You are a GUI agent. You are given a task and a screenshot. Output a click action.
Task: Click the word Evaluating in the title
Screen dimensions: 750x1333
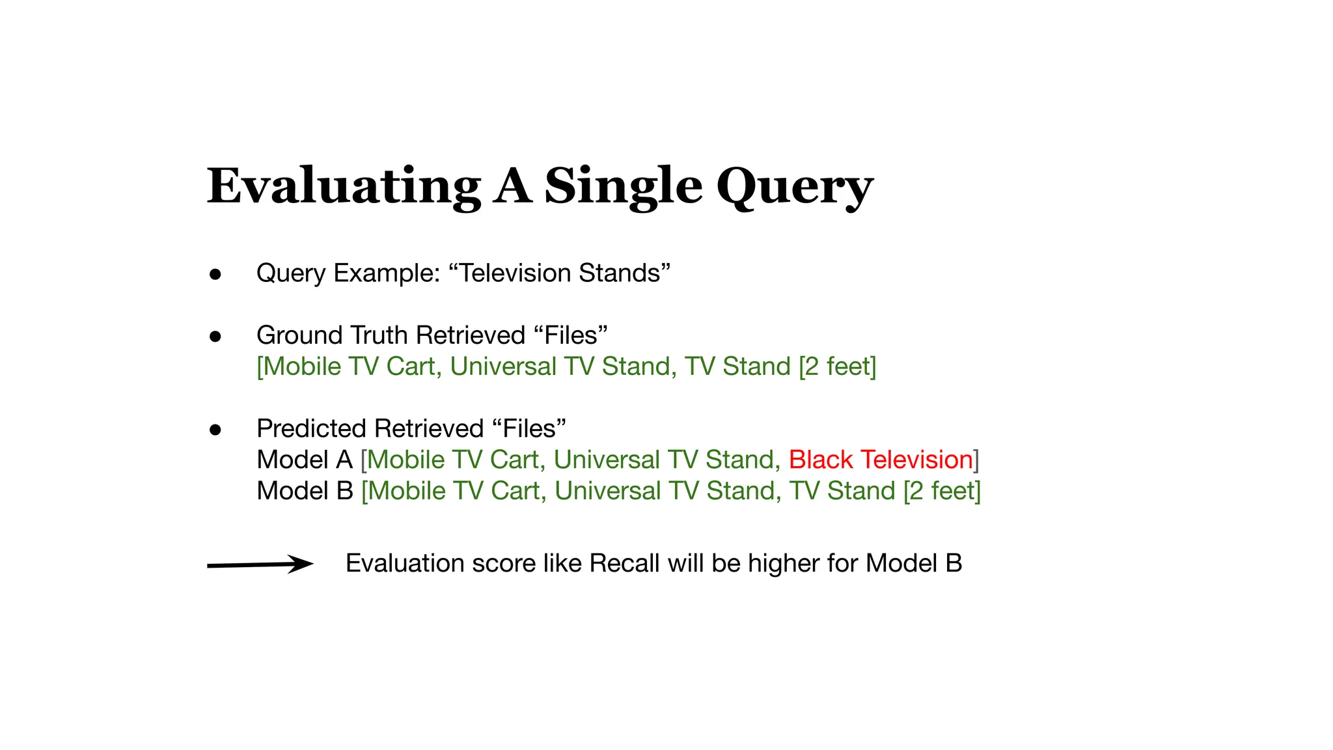[x=344, y=186]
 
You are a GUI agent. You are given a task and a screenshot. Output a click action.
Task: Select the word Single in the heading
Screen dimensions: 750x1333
[x=623, y=187]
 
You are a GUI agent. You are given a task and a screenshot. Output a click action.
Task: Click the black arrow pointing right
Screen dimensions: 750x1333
[x=260, y=564]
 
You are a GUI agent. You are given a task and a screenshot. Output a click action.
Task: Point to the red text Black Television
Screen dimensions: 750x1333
[x=881, y=460]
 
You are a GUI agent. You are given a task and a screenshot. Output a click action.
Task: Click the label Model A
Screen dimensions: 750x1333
[x=305, y=460]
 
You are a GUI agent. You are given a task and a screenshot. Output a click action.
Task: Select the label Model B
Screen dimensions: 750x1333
[x=305, y=491]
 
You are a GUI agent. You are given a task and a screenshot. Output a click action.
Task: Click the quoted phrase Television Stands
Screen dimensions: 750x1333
[x=560, y=273]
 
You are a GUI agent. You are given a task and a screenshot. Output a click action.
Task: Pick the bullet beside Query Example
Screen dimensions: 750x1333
[x=215, y=274]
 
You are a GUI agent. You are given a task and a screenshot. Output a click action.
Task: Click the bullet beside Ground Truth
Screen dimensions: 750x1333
[x=215, y=337]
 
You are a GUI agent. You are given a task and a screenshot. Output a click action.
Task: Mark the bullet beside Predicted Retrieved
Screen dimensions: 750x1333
[x=215, y=430]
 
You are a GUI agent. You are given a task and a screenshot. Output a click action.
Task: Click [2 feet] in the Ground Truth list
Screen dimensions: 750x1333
[x=838, y=367]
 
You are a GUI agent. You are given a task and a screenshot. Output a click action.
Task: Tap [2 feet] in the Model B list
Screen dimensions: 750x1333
[x=942, y=491]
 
